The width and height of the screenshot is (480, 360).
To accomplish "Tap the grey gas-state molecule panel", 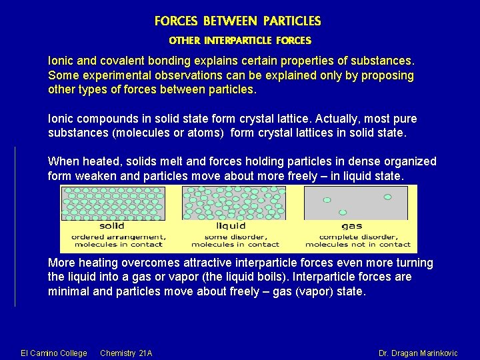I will pyautogui.click(x=356, y=203).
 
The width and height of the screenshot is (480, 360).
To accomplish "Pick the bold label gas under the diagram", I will pyautogui.click(x=353, y=226).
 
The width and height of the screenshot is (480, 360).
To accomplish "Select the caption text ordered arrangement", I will pyautogui.click(x=115, y=237).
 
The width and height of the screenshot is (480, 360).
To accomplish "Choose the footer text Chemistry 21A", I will pyautogui.click(x=126, y=353).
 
